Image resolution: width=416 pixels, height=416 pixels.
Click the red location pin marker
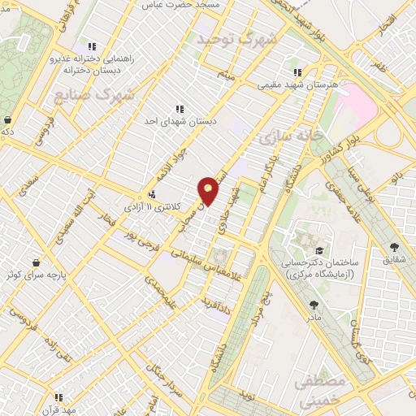pos(209,190)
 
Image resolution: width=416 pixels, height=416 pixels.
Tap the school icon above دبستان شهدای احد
pos(180,108)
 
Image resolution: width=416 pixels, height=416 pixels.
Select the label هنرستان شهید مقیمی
pos(297,84)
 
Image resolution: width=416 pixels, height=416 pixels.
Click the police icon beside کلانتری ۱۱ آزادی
pos(152,194)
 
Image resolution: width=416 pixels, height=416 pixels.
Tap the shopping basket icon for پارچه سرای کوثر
pos(37,262)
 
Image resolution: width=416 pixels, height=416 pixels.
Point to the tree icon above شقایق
pos(395,247)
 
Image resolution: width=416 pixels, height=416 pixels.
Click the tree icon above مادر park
pos(314,304)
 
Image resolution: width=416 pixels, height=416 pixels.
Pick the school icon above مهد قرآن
pos(58,397)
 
